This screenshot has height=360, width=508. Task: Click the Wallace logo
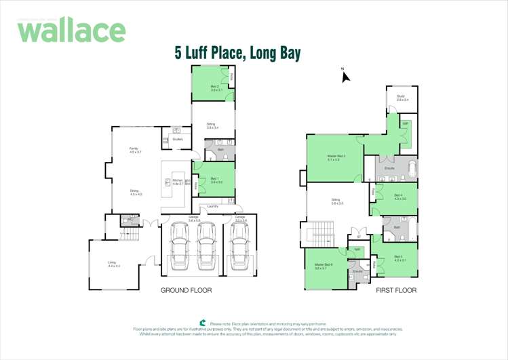71,31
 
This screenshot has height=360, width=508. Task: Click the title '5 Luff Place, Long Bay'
237,52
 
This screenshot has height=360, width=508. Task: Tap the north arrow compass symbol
345,76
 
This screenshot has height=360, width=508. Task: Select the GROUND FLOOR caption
186,290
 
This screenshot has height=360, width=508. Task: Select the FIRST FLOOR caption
396,290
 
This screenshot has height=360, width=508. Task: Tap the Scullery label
178,139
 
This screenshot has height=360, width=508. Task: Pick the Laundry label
212,206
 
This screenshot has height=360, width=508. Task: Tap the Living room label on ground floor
113,264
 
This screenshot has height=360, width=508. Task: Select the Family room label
135,151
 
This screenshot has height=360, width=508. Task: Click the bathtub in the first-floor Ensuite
411,168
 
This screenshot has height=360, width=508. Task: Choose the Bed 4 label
399,197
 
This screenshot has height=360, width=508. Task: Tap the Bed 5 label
399,258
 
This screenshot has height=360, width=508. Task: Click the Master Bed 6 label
321,266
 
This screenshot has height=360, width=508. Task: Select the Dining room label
135,193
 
